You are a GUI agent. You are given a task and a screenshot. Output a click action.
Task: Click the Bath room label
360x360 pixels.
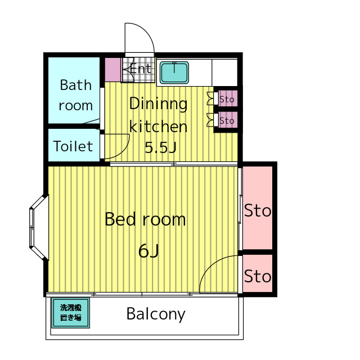coord(75,95)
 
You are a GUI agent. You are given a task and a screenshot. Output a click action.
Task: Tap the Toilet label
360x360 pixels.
coord(73,146)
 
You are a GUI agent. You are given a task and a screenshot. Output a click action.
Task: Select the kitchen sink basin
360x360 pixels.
coord(174,73)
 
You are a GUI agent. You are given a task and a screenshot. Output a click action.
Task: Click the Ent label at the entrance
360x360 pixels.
coord(141,69)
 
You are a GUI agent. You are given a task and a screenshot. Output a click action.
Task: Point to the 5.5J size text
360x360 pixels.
coord(160,147)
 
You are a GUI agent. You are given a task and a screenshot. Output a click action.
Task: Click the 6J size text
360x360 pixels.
coord(148,251)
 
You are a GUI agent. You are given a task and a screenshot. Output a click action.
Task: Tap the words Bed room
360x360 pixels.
coord(145,219)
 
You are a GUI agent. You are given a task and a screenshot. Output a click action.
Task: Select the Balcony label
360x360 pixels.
coord(156,314)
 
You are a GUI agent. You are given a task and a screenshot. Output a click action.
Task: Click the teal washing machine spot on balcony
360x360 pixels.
coord(70,313)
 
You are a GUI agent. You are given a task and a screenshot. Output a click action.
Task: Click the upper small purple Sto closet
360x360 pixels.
coord(228,99)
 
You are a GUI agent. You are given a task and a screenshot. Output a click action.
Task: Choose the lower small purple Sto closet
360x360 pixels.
coord(228,120)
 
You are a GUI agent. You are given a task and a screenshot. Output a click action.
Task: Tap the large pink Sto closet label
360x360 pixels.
coord(258,210)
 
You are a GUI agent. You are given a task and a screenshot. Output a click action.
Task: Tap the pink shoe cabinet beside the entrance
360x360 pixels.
coord(112,70)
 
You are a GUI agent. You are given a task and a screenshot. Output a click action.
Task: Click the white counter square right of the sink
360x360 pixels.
coord(224,73)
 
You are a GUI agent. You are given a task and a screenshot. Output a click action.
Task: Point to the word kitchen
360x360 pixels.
coord(158,126)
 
